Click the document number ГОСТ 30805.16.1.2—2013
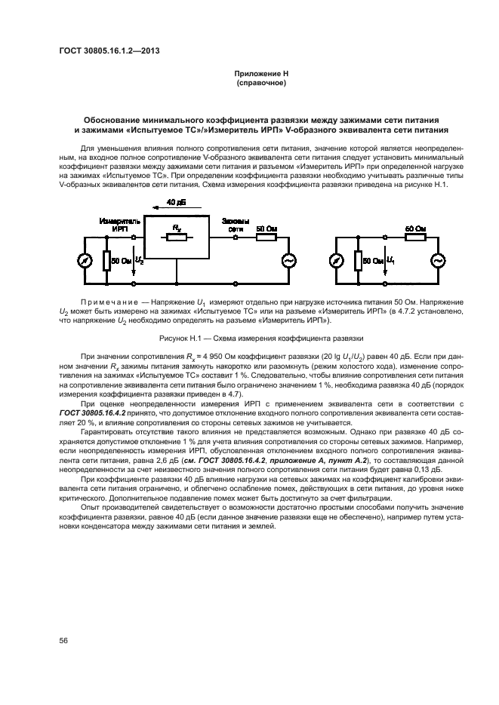coord(110,51)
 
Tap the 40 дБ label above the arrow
coord(175,203)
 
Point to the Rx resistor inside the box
coord(176,237)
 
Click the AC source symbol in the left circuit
coord(287,260)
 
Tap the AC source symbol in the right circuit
coord(436,260)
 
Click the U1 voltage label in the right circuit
coord(390,260)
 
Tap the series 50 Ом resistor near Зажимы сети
coord(266,237)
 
